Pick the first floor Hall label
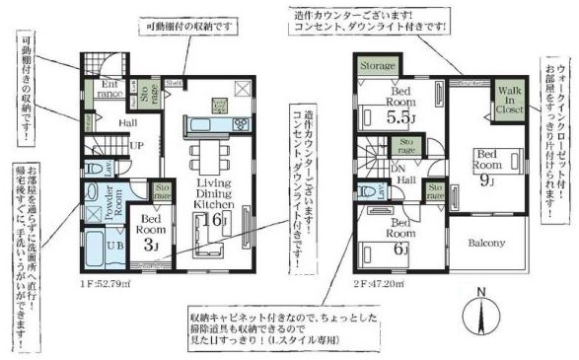click(128, 123)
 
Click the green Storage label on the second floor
click(377, 65)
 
